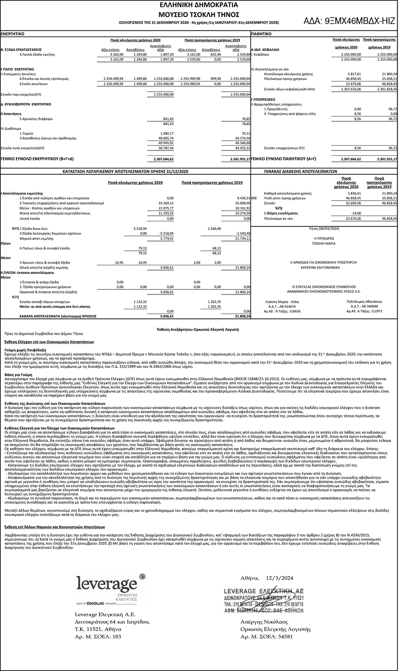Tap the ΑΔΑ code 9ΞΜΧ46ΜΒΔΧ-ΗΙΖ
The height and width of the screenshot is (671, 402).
pyautogui.click(x=349, y=21)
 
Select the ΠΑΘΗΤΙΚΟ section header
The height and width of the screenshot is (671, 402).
pyautogui.click(x=261, y=34)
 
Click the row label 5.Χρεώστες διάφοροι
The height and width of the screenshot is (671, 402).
pyautogui.click(x=36, y=119)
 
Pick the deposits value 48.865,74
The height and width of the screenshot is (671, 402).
pyautogui.click(x=166, y=138)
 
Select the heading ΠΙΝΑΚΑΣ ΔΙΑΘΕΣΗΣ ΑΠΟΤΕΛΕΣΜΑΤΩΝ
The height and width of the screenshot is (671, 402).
pyautogui.click(x=300, y=171)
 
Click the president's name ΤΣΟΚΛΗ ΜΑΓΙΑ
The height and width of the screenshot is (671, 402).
pyautogui.click(x=324, y=243)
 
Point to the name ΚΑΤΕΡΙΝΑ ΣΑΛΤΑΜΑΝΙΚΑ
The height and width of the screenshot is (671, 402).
pyautogui.click(x=324, y=267)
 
